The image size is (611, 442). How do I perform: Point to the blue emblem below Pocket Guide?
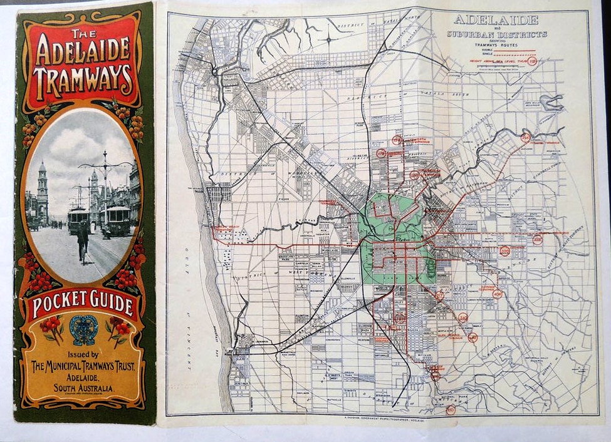pos(83,330)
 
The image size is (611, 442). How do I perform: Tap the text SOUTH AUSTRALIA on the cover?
pos(83,388)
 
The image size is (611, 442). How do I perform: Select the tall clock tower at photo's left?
pos(42,191)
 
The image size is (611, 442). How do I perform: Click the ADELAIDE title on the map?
pos(495,19)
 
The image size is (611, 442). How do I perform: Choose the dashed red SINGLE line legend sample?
pos(514,55)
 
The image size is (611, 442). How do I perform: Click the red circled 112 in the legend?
pos(533,61)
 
